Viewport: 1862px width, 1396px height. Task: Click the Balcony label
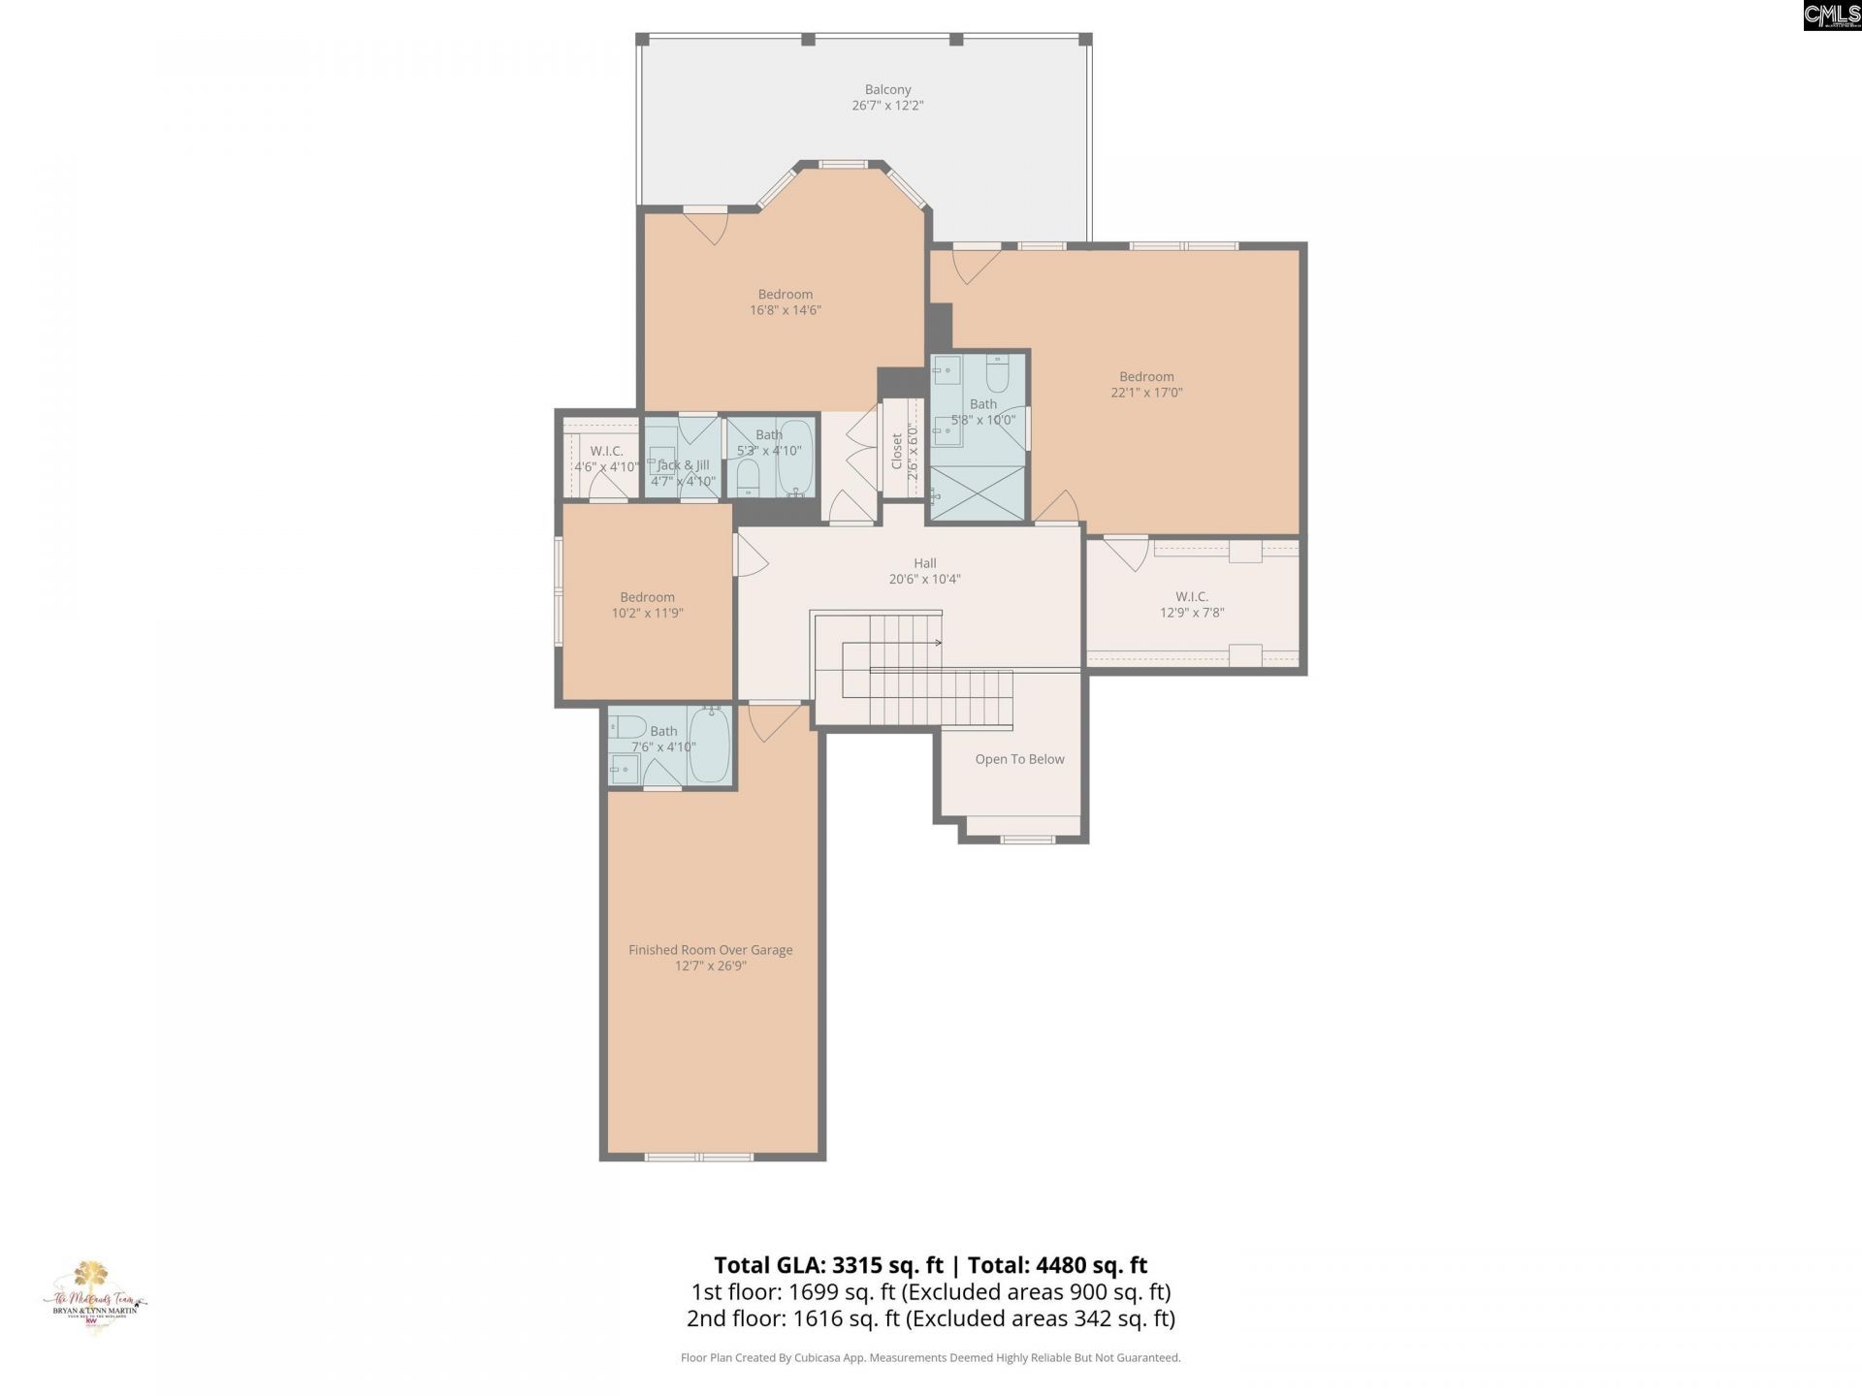pyautogui.click(x=887, y=89)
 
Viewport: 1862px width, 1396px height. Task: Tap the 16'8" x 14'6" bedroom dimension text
pyautogui.click(x=785, y=310)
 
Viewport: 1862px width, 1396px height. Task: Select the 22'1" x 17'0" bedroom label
pyautogui.click(x=1146, y=384)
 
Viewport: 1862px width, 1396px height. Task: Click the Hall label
pyautogui.click(x=924, y=563)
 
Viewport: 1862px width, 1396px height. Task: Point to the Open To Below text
pyautogui.click(x=1019, y=759)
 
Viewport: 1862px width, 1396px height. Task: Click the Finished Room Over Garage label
pyautogui.click(x=710, y=950)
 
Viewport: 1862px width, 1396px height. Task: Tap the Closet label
pyautogui.click(x=897, y=451)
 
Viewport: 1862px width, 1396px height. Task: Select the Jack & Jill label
pyautogui.click(x=683, y=465)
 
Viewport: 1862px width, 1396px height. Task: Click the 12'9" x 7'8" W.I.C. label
pyautogui.click(x=1192, y=604)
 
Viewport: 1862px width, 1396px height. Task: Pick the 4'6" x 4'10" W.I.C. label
pyautogui.click(x=606, y=459)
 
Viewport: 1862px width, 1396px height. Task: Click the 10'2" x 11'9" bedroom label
pyautogui.click(x=647, y=605)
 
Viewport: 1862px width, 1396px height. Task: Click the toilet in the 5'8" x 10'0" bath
pyautogui.click(x=998, y=372)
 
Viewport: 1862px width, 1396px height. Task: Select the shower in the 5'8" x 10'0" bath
pyautogui.click(x=977, y=492)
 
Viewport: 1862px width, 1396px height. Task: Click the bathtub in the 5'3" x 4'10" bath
pyautogui.click(x=795, y=458)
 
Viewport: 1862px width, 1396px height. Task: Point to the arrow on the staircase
pyautogui.click(x=937, y=643)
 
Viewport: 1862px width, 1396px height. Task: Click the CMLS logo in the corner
pyautogui.click(x=1831, y=15)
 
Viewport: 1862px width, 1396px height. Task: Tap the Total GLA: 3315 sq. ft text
pyautogui.click(x=828, y=1265)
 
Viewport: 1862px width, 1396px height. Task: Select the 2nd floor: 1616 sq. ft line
pyautogui.click(x=930, y=1318)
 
